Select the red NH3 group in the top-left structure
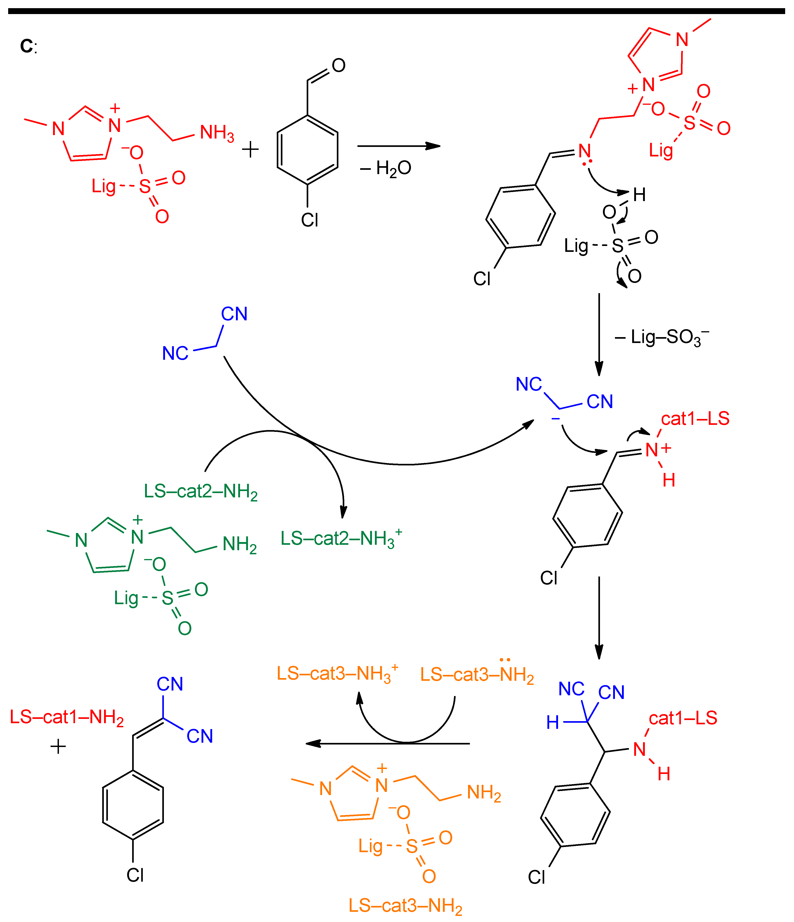[x=217, y=133]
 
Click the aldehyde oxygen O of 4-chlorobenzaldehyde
[x=338, y=66]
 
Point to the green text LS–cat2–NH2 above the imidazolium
[x=201, y=492]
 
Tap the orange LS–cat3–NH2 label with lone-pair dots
[x=477, y=675]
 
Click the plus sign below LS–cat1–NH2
[x=58, y=746]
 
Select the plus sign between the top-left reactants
[x=250, y=150]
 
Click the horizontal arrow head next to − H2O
[x=433, y=146]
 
